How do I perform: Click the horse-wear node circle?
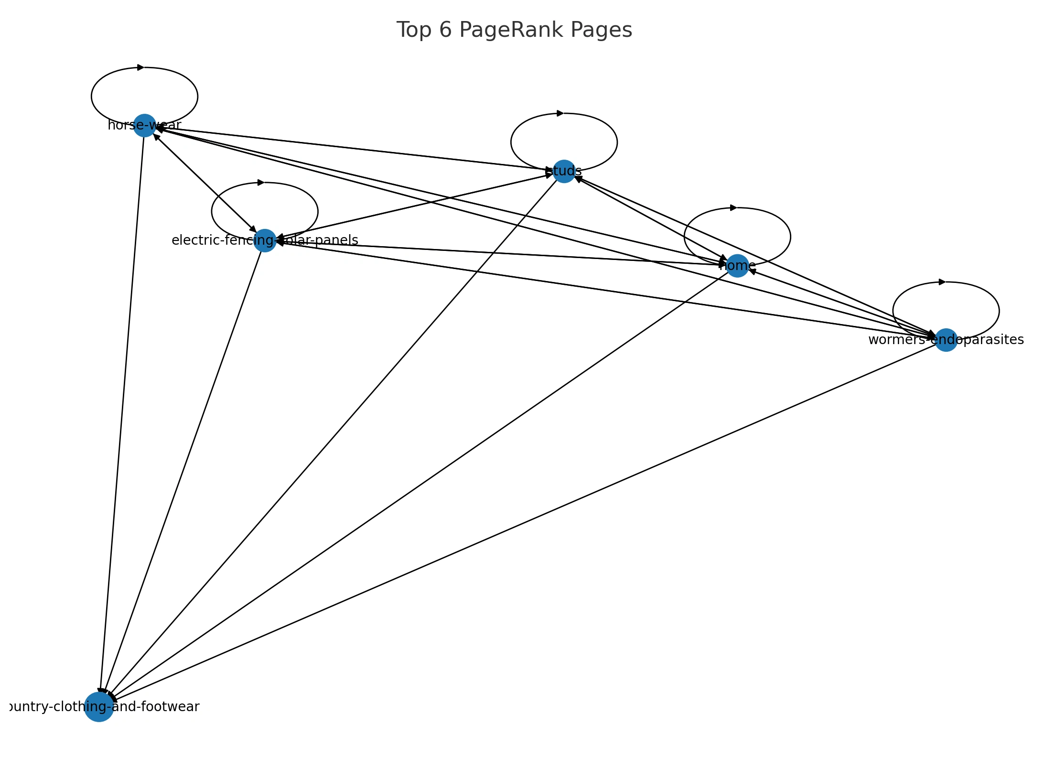pos(144,126)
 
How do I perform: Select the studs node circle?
pos(564,172)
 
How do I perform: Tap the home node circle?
pos(737,266)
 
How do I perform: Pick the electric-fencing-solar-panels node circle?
pos(265,240)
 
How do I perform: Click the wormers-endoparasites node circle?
pos(946,340)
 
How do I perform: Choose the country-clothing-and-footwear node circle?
pos(99,707)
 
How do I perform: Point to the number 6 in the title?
pos(445,30)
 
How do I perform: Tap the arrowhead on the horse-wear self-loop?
pos(140,67)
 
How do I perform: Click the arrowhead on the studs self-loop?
pos(560,113)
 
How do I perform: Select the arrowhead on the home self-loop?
pos(733,208)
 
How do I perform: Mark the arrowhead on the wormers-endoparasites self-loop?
pos(942,282)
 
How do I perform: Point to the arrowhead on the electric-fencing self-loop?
pos(261,183)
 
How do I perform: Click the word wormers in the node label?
pos(896,340)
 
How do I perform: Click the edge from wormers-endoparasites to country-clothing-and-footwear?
pos(526,521)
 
